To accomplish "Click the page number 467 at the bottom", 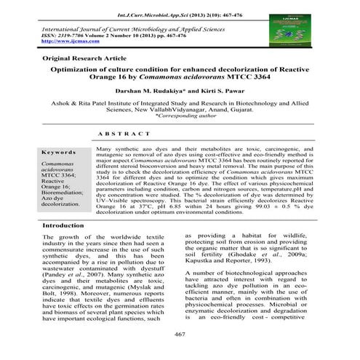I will tap(180, 332).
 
